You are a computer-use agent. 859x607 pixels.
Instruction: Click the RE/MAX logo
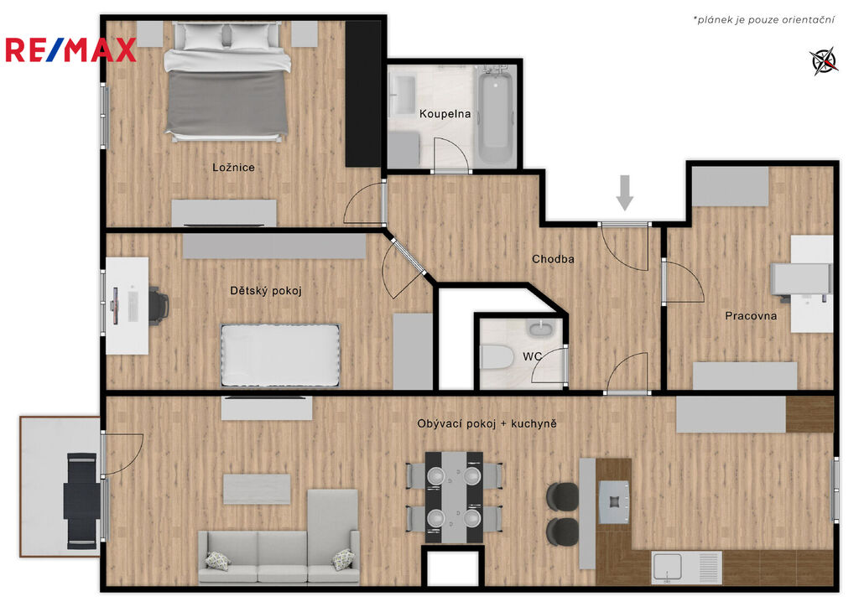[x=70, y=49]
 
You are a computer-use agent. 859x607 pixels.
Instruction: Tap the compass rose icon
[x=824, y=60]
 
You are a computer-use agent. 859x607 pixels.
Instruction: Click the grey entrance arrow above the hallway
[x=624, y=193]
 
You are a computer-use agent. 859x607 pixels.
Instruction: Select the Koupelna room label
[x=445, y=114]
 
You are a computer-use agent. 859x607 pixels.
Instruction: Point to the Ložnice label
[x=233, y=168]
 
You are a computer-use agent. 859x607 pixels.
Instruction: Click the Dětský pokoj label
[x=266, y=291]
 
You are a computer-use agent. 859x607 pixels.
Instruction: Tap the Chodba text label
[x=553, y=259]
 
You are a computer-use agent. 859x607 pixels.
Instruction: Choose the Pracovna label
[x=751, y=316]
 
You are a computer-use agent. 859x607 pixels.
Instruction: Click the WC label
[x=532, y=356]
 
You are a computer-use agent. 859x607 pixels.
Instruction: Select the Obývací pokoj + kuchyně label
[x=487, y=423]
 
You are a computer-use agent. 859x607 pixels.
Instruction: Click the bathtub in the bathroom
[x=496, y=115]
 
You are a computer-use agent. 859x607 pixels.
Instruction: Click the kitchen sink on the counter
[x=667, y=567]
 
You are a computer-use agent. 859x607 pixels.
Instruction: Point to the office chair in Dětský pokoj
[x=159, y=305]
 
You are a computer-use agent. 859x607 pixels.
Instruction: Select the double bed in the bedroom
[x=226, y=81]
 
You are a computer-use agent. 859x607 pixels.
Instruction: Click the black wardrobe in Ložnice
[x=362, y=94]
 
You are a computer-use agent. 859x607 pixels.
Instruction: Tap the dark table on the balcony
[x=81, y=501]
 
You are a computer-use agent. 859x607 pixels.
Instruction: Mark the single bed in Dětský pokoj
[x=280, y=355]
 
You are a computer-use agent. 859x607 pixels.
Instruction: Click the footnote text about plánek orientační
[x=764, y=20]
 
